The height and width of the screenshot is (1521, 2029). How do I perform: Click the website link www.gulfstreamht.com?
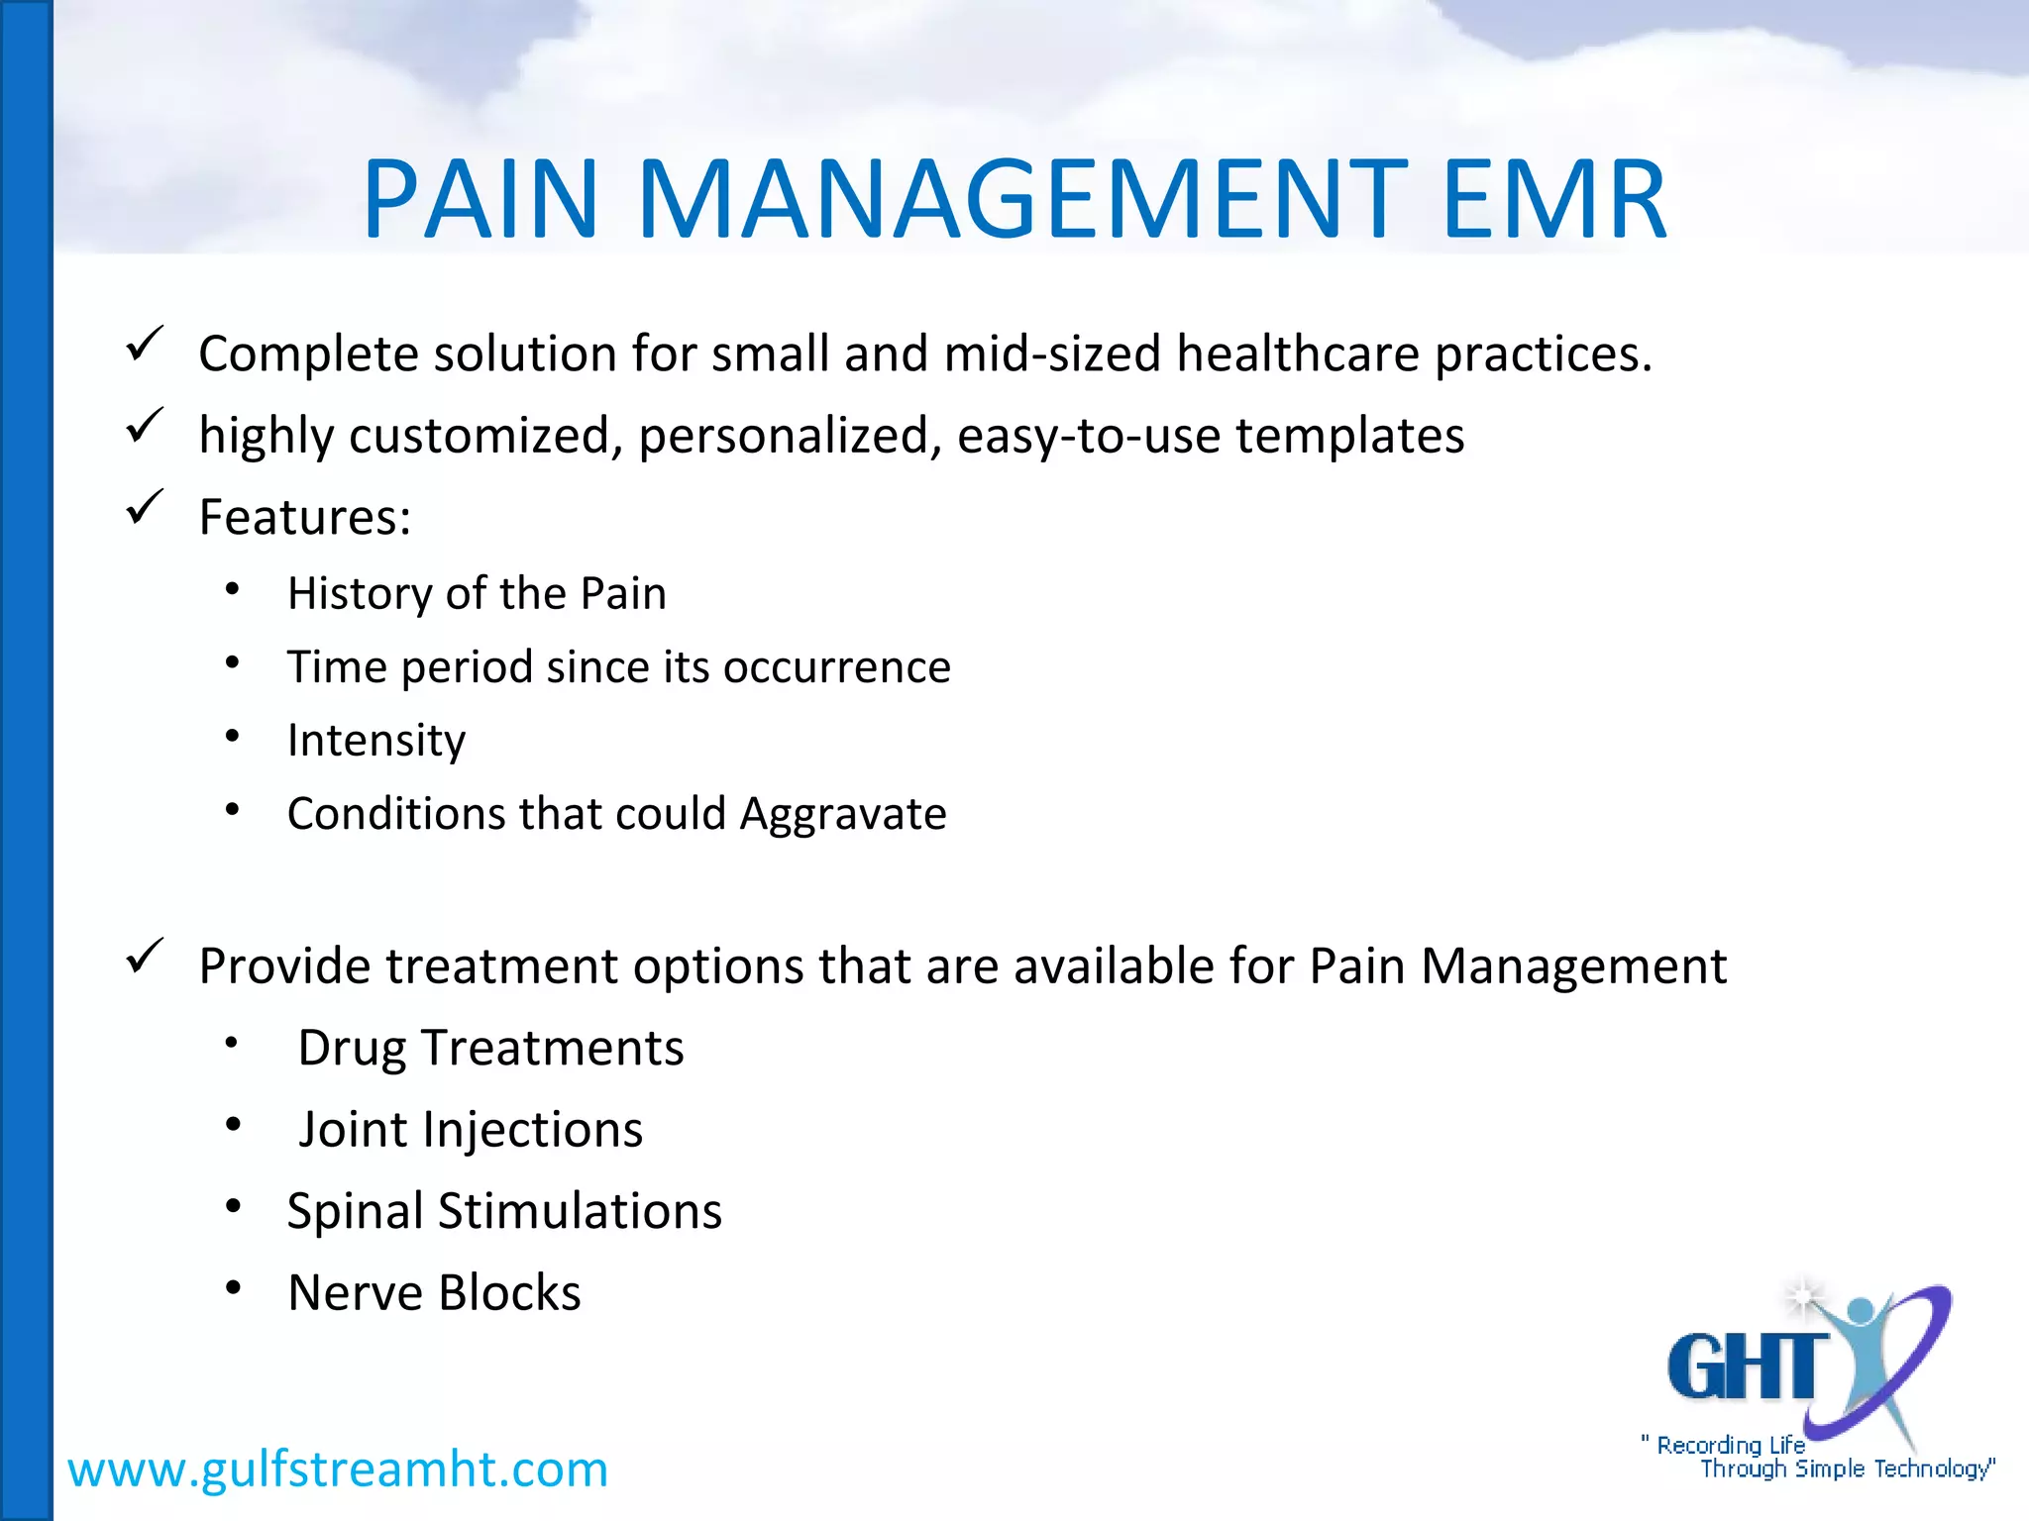pos(338,1469)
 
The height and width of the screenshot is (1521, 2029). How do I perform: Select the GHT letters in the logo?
pos(1746,1367)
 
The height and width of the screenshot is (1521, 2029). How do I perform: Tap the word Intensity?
pos(376,741)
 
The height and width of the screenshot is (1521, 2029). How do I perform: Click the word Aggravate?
pos(843,814)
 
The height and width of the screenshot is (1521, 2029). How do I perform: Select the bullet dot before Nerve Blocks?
pos(233,1287)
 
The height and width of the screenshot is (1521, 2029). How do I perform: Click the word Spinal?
pos(356,1212)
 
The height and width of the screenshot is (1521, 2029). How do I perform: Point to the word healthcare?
pos(1298,354)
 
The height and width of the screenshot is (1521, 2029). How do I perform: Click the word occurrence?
pos(837,667)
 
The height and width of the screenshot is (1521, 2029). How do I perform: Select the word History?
pos(359,594)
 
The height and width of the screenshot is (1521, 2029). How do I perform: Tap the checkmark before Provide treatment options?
pos(145,957)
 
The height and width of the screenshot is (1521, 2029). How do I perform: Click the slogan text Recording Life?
pos(1730,1445)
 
